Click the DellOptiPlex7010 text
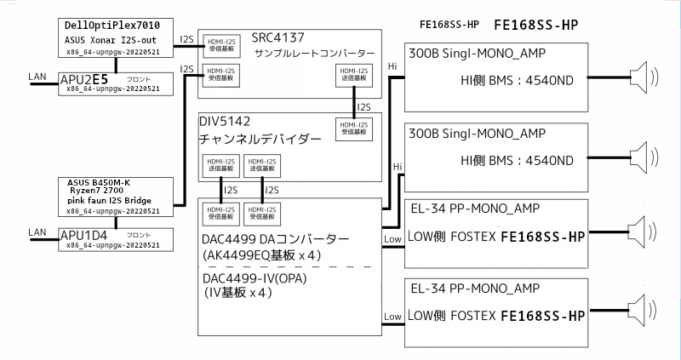point(110,24)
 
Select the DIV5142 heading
point(229,122)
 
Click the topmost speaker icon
point(642,78)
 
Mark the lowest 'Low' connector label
point(392,317)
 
